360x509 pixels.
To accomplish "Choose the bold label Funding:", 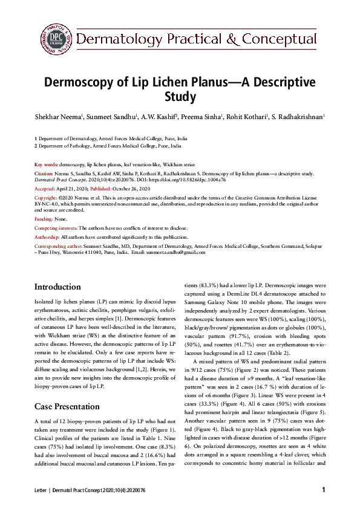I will pos(44,219).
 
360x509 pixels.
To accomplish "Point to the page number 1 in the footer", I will pos(324,490).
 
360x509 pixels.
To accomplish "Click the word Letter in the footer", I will pos(41,490).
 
